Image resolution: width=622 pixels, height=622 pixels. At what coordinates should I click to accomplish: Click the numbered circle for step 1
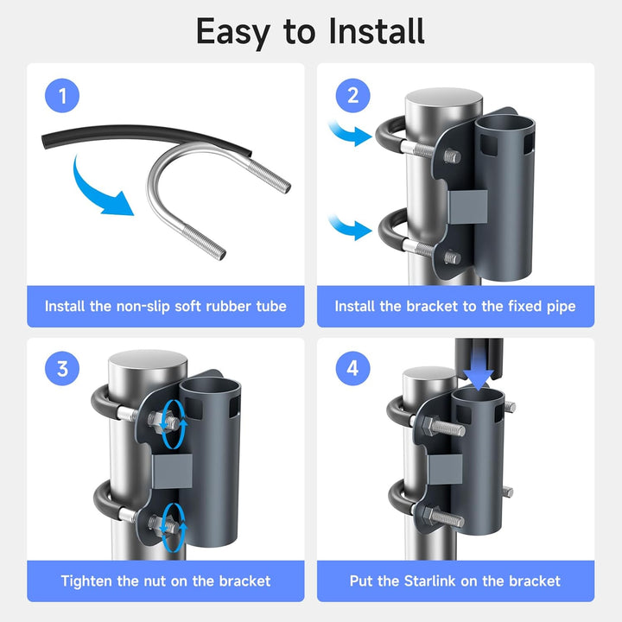(62, 96)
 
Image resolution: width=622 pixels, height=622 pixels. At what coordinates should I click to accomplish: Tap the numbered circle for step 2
(352, 96)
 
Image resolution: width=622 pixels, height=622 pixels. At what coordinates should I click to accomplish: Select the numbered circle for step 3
(62, 369)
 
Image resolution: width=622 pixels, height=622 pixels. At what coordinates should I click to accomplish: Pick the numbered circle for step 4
(352, 369)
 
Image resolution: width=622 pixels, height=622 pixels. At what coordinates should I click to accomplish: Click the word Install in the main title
(377, 31)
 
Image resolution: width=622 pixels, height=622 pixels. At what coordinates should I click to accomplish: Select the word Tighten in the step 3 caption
(87, 581)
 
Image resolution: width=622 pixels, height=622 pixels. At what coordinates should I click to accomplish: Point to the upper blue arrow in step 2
(350, 132)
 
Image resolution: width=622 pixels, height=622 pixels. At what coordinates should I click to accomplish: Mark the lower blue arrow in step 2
(350, 227)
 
